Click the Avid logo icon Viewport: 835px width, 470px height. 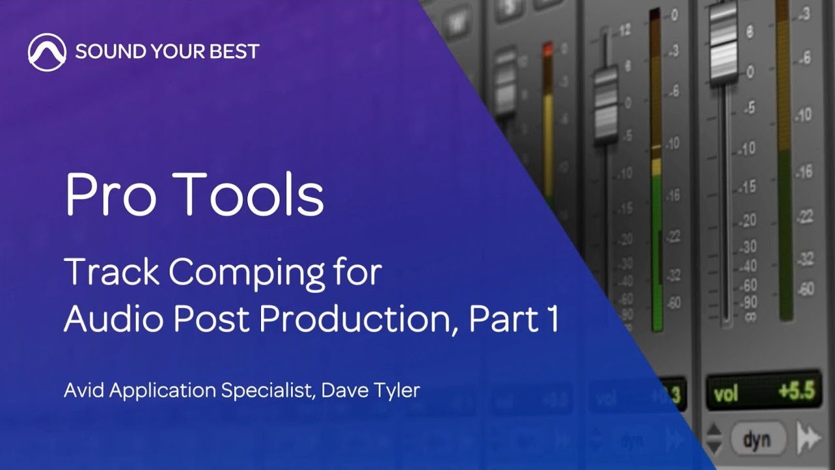[47, 52]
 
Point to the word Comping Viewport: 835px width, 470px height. [246, 274]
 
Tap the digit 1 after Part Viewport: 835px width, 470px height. [551, 319]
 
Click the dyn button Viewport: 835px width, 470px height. [759, 439]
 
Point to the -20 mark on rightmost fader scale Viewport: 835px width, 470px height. [747, 219]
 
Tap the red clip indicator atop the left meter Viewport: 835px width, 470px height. [547, 49]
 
